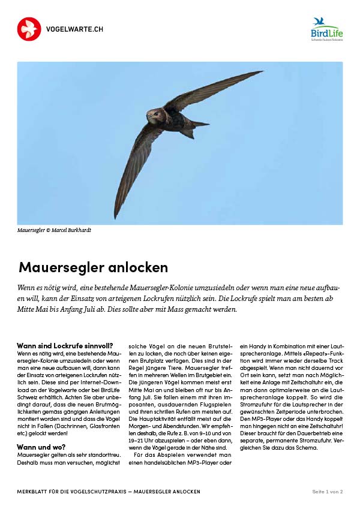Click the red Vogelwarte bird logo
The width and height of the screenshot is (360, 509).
coord(29,29)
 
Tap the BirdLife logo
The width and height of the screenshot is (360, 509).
coord(327,29)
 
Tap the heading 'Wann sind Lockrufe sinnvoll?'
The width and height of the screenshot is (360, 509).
coord(65,346)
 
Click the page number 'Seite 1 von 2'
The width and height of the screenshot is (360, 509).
coord(327,492)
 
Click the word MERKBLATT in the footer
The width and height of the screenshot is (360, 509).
coord(35,492)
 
